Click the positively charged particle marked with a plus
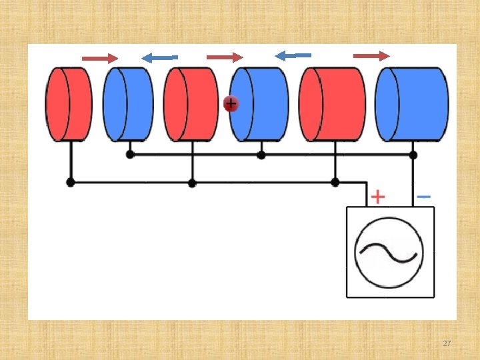coord(231,104)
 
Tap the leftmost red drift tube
coord(69,104)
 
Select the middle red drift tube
coord(191,104)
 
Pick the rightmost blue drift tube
coord(412,104)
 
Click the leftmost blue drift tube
coord(128,104)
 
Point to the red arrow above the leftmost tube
coord(99,59)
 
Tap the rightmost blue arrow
coord(293,55)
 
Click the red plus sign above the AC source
coord(377,197)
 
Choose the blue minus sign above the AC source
coord(423,197)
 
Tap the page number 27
coord(447,343)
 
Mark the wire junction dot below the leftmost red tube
coord(70,182)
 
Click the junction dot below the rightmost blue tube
coord(413,155)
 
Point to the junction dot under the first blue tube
coord(130,155)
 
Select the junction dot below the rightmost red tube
coord(335,182)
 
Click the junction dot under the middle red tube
coord(192,183)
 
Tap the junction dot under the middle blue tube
coord(261,155)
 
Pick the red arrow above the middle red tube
coord(225,57)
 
